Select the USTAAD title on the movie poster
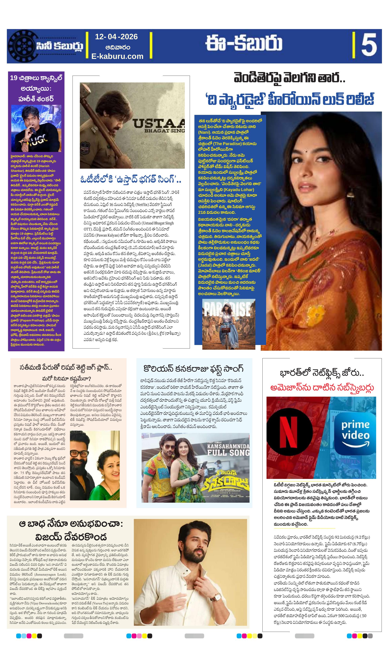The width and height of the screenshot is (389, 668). click(x=159, y=124)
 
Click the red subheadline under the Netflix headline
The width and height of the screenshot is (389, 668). click(x=322, y=388)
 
